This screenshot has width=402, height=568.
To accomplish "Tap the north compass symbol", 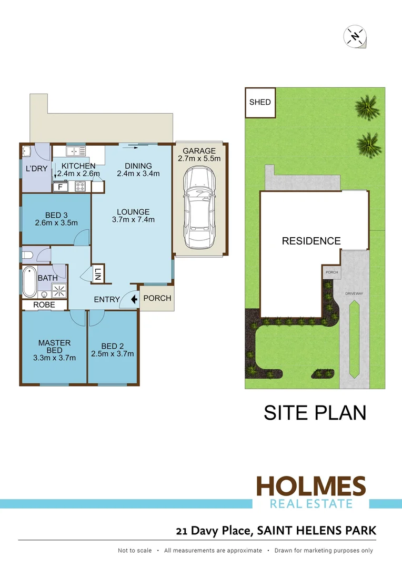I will coord(355,36).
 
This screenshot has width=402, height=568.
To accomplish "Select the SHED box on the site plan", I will coord(260,103).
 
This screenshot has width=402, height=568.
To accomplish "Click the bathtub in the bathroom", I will coord(29,282).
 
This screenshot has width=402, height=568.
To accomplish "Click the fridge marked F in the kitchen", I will coord(60,186).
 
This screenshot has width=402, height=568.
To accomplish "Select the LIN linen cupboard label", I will coord(98,274).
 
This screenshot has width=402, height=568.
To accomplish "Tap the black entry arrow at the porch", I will coord(134,299).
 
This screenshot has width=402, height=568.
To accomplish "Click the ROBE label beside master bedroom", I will coord(44,305).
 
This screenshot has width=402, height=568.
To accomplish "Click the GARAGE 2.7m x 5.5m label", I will coord(200,154).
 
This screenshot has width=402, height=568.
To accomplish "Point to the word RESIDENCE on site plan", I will coord(311,241).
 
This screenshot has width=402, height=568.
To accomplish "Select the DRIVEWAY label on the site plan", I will coord(354,293).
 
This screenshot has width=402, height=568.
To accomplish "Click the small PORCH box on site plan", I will coord(331,272).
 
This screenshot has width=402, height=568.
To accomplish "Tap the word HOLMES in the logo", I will coord(310,485).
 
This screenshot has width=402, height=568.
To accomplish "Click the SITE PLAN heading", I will coord(315,412).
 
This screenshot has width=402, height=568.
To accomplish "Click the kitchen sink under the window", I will coord(79,151).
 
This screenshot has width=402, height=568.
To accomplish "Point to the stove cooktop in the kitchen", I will coord(81,186).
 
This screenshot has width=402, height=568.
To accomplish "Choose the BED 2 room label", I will coord(113,346).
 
